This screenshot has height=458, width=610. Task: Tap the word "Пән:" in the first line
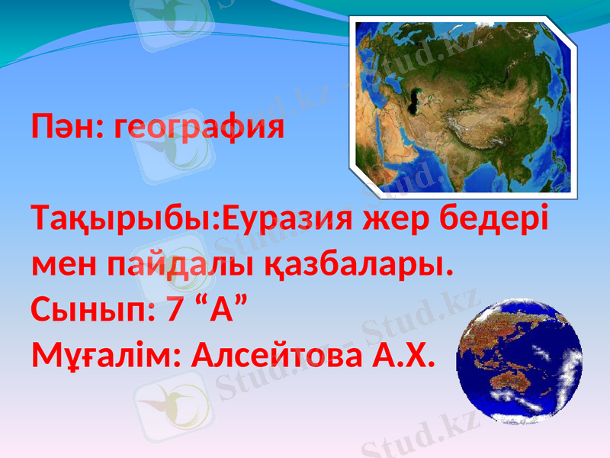[x=67, y=127]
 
